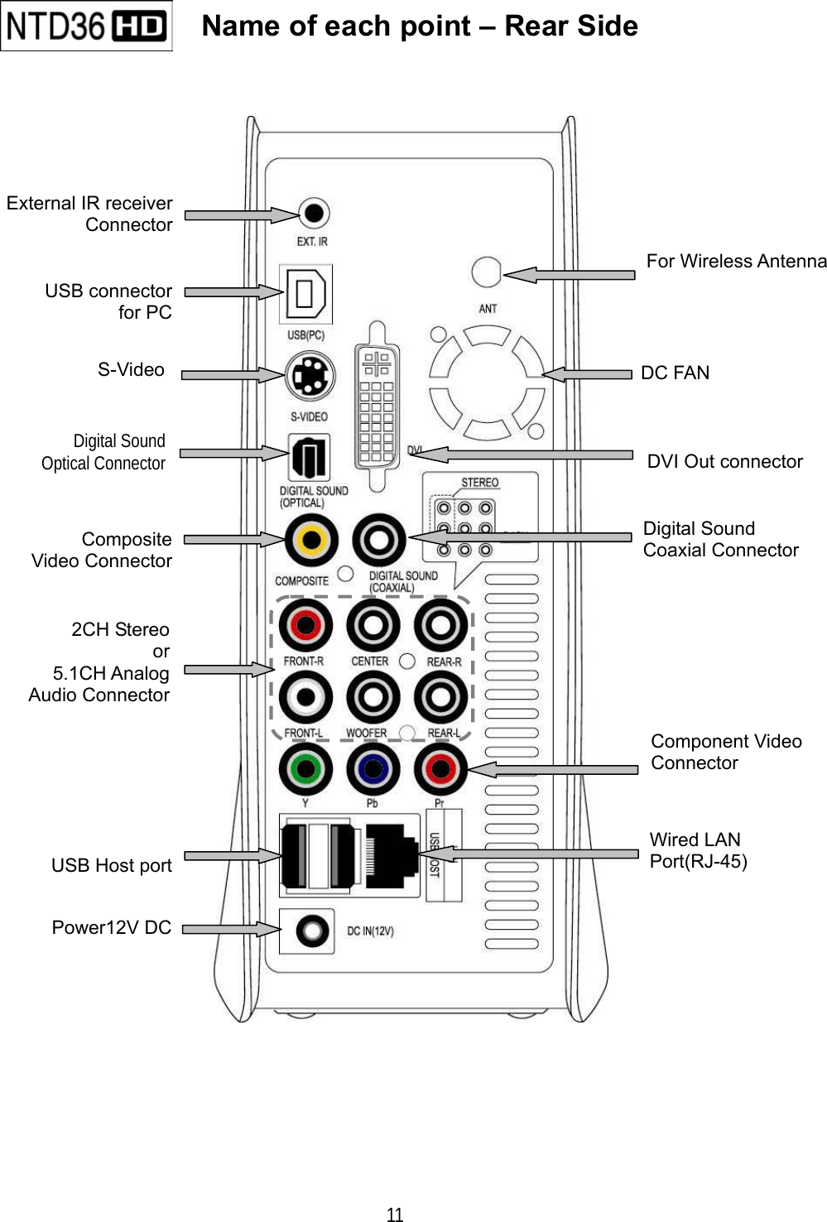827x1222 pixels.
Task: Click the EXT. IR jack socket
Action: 314,213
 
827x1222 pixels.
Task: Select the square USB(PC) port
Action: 305,294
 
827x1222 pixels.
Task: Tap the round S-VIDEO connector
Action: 310,376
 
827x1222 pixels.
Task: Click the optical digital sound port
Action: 309,457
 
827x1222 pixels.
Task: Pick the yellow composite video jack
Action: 311,540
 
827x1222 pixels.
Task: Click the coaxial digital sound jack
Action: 379,540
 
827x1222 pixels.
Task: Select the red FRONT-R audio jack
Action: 305,625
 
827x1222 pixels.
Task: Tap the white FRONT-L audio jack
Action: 305,697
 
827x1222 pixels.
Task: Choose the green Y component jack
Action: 305,769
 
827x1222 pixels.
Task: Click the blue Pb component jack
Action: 373,769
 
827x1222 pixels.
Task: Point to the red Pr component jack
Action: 440,769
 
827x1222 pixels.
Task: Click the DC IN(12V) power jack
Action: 312,930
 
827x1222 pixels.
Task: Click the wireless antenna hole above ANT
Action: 486,272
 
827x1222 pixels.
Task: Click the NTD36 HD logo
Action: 86,26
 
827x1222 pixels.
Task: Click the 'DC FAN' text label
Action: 675,373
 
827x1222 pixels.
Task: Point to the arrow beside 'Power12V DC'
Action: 231,929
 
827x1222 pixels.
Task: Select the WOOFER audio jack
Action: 373,697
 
